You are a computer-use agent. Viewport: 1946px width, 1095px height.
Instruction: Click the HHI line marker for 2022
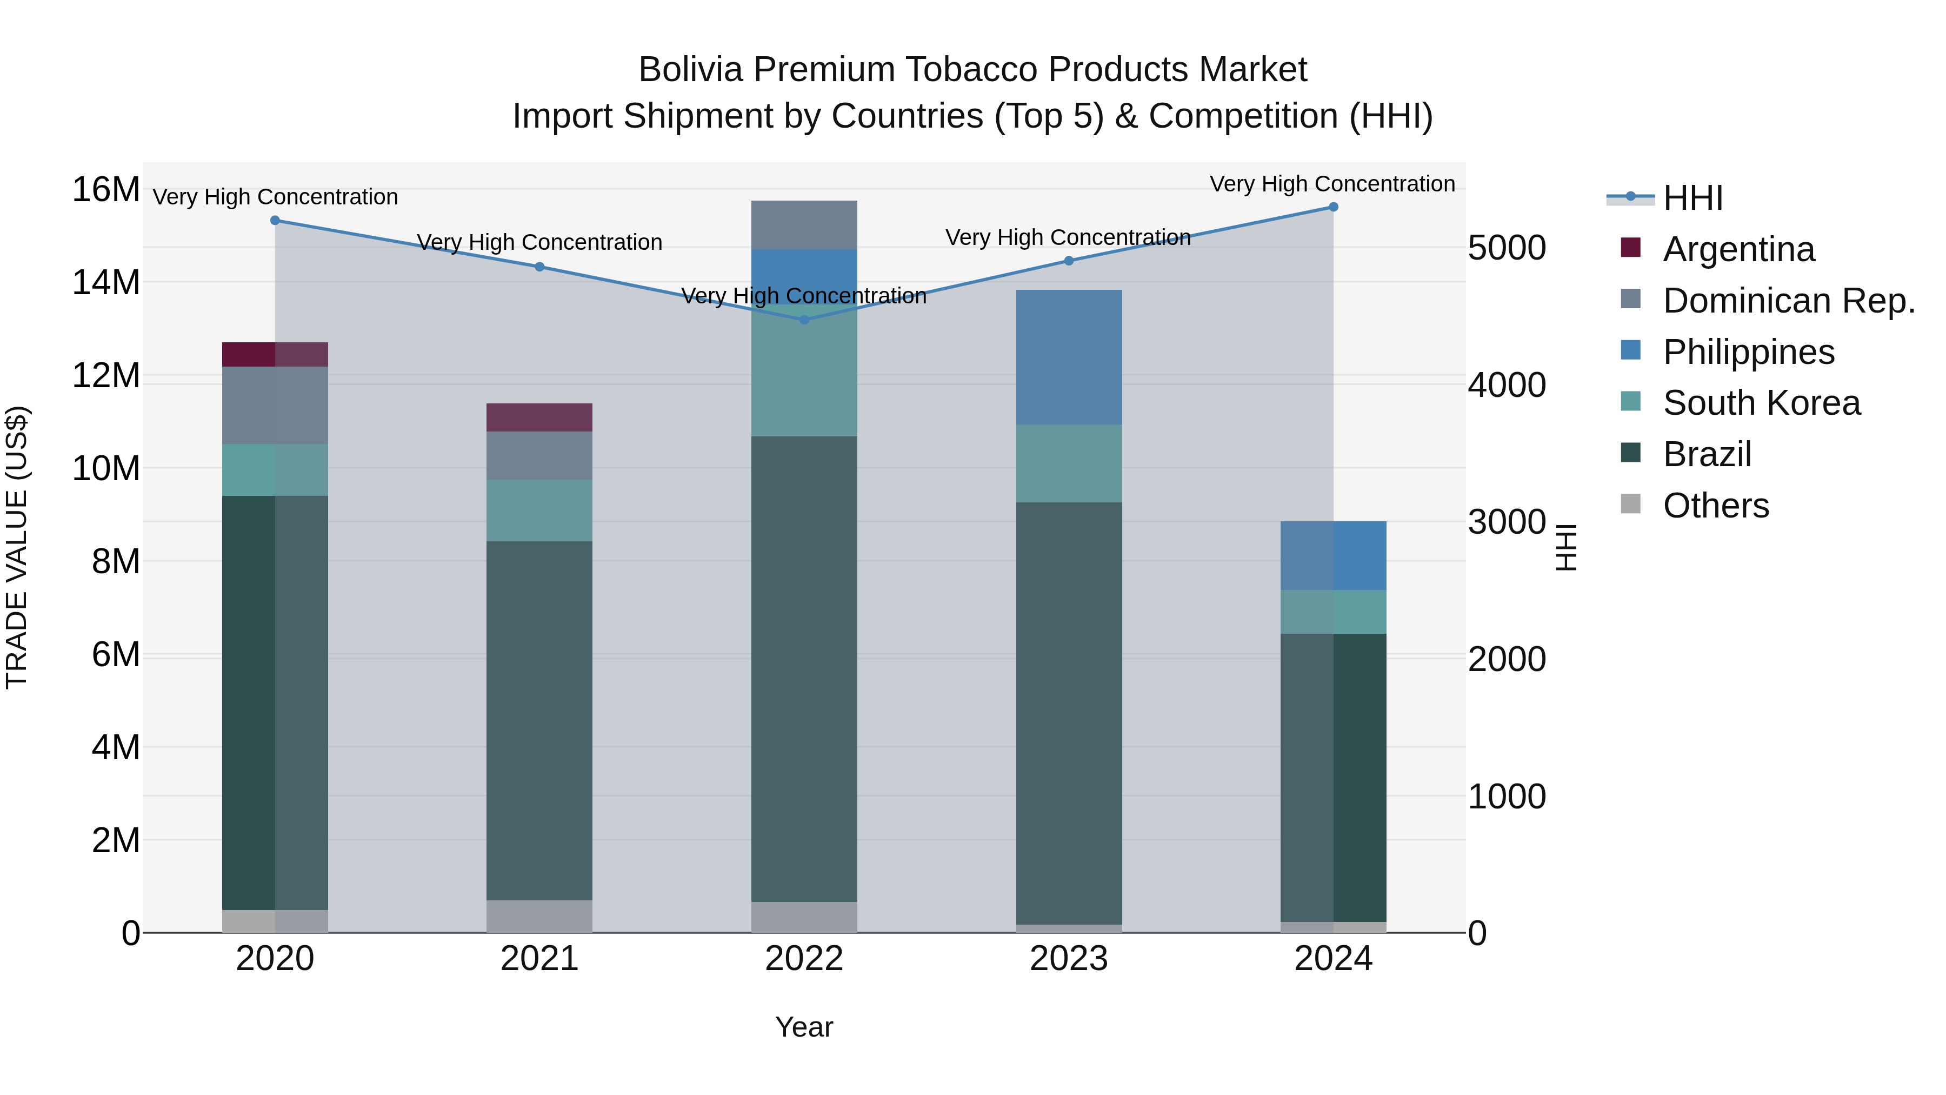click(x=804, y=320)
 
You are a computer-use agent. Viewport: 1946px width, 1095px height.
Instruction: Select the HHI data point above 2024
click(x=1332, y=207)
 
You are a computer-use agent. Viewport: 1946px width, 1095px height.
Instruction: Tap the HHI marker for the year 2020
click(x=275, y=221)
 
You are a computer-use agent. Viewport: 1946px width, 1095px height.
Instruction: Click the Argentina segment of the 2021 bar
click(x=539, y=417)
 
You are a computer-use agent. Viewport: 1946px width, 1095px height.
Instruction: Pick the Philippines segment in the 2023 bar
click(x=1068, y=357)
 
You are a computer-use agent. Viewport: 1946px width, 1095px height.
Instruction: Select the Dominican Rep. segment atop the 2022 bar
click(x=804, y=224)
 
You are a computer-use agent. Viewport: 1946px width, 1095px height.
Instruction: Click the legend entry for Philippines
click(x=1748, y=352)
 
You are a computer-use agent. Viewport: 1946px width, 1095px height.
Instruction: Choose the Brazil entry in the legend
click(x=1707, y=454)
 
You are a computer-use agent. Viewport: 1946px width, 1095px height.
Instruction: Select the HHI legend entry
click(x=1692, y=198)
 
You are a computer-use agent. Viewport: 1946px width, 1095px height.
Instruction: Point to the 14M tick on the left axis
click(x=106, y=283)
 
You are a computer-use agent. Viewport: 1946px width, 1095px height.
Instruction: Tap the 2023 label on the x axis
click(x=1068, y=959)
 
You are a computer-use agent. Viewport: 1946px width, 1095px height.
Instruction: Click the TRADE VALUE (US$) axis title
click(x=17, y=547)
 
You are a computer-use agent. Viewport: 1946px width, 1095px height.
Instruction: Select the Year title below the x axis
click(x=804, y=1027)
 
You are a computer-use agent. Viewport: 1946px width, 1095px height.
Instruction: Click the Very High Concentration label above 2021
click(x=539, y=243)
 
